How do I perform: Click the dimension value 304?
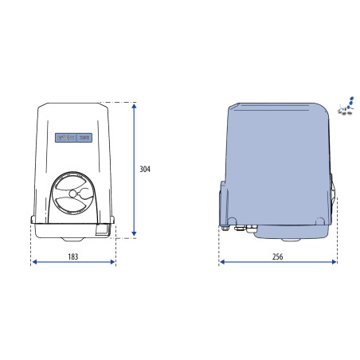[145, 170]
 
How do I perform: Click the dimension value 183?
[72, 256]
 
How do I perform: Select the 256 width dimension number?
[277, 256]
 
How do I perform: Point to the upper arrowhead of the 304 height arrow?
[135, 106]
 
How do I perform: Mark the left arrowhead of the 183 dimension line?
[34, 263]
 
